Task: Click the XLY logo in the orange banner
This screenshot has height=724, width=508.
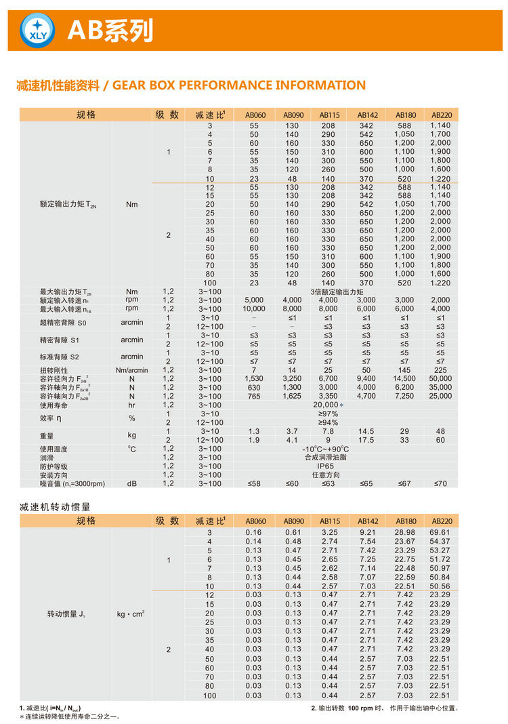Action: [x=38, y=31]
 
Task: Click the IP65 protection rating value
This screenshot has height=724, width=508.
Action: [x=328, y=466]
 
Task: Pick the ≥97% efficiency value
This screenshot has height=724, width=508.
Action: [x=328, y=414]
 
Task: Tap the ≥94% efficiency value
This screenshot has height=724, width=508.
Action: [x=328, y=422]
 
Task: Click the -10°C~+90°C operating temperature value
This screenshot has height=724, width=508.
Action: [x=326, y=449]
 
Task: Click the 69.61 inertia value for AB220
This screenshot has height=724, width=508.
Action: [x=440, y=532]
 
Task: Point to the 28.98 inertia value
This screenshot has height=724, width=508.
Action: [x=405, y=532]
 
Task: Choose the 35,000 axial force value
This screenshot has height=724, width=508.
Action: [x=440, y=387]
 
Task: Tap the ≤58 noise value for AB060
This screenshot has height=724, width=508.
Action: [x=253, y=483]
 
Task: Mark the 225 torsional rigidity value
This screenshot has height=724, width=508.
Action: [x=440, y=370]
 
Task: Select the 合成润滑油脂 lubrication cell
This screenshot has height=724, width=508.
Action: [x=328, y=458]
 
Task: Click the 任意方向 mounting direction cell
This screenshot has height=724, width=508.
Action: [x=328, y=475]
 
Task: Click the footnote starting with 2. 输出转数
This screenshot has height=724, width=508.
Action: [x=384, y=708]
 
